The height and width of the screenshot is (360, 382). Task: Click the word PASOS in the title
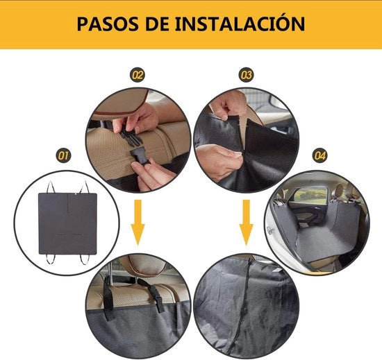point(108,24)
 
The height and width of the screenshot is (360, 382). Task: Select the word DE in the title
point(157,24)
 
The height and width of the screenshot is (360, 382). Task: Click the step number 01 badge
point(63,155)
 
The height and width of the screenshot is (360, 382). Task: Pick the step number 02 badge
point(137,75)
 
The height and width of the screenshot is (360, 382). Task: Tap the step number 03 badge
point(246,75)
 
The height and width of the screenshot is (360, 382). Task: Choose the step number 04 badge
point(319,155)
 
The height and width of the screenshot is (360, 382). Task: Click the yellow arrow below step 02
point(138,223)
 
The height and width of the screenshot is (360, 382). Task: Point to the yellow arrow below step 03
point(247,223)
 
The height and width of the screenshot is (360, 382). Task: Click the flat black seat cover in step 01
point(68,224)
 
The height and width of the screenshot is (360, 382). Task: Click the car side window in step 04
point(310,196)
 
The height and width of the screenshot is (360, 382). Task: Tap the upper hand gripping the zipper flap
point(228,105)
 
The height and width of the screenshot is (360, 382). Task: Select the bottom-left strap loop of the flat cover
point(50,259)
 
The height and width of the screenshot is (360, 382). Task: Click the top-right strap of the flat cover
point(85,187)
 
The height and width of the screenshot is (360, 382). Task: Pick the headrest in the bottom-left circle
point(146,266)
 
